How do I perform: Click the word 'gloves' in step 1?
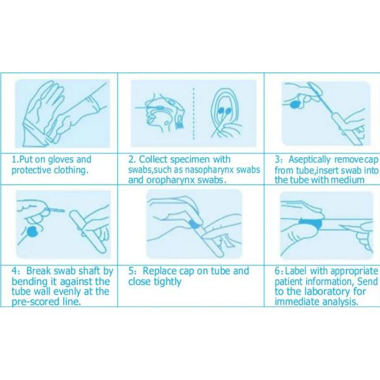pos(61,160)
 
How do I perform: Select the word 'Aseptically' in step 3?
pos(309,160)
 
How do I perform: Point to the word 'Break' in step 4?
pos(39,270)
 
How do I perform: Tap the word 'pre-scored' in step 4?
pos(34,302)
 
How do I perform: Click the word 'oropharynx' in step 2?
pos(170,180)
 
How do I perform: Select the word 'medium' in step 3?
pos(347,180)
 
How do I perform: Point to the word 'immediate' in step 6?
pos(297,302)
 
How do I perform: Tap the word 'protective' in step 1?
pos(31,170)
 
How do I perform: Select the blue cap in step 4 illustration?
pos(32,232)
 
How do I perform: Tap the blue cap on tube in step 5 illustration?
pos(194,224)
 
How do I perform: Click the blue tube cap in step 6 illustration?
pos(311,224)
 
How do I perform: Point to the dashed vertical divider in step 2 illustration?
pos(193,113)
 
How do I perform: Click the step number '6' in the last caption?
pos(277,271)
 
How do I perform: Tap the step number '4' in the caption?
pos(15,271)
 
